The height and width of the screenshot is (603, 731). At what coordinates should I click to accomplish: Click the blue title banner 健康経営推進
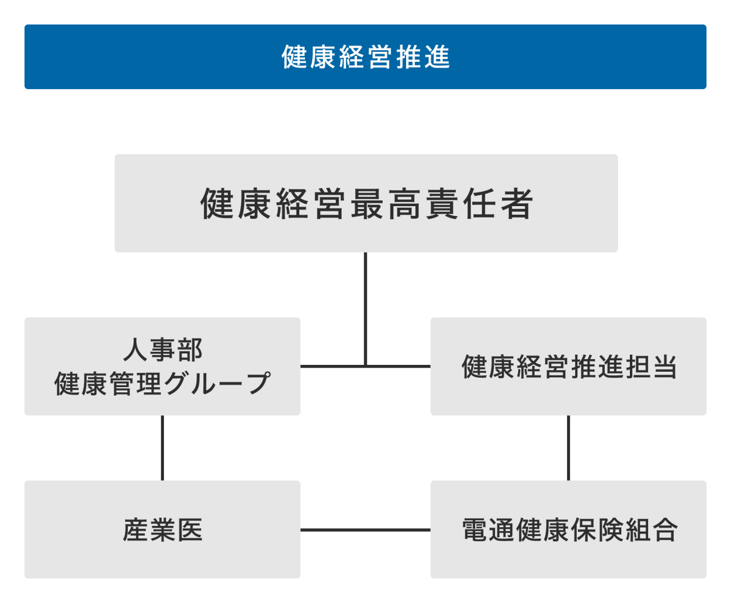(365, 57)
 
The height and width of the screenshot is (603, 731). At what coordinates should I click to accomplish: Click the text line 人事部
(163, 349)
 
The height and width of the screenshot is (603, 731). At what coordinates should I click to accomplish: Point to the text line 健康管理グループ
(162, 384)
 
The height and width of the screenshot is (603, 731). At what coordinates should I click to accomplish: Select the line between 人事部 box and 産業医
(162, 448)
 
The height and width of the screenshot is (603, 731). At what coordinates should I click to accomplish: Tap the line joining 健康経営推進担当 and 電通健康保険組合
(568, 448)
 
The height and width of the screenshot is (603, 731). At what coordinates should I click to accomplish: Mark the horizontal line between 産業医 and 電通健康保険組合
(365, 530)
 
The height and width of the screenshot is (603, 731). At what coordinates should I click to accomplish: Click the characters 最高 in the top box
(384, 204)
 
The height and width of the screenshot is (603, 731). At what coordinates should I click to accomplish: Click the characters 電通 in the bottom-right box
(487, 530)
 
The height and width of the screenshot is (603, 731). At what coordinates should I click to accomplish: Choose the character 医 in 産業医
(190, 530)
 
